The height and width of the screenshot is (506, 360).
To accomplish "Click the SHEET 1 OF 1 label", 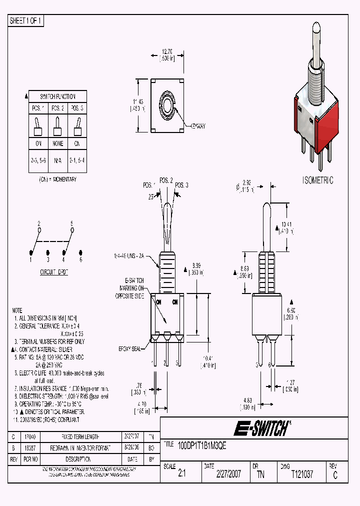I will [x=26, y=20].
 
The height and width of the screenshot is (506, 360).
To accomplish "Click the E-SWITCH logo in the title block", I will [x=260, y=428].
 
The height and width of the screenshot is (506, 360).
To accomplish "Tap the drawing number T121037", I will [x=302, y=474].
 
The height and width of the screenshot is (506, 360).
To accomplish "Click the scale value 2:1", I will [x=181, y=474].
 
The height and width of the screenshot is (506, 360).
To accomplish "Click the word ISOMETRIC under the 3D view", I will [x=317, y=180].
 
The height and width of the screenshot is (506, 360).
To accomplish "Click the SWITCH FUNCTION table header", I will [x=57, y=96].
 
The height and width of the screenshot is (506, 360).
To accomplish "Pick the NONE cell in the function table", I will [x=57, y=143].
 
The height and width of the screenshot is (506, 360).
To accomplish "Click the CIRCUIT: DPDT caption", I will [x=54, y=273].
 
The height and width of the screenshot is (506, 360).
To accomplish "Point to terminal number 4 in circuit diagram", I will [x=63, y=260].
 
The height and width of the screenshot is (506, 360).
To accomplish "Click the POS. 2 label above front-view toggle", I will [x=166, y=180].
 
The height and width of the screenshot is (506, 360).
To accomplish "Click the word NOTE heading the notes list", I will [x=17, y=310].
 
